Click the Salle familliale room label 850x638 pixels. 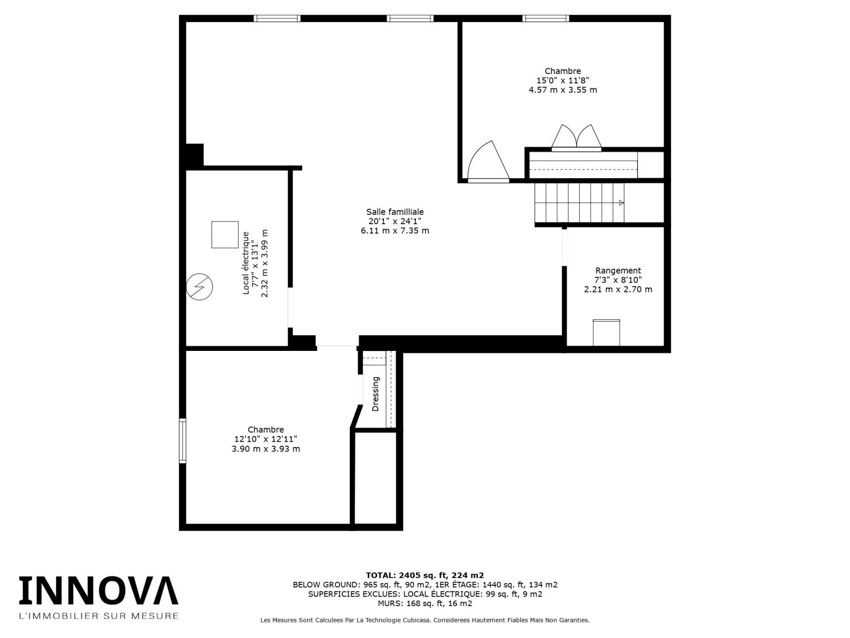pyautogui.click(x=394, y=212)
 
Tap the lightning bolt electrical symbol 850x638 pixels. pyautogui.click(x=200, y=287)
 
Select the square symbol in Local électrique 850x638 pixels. pyautogui.click(x=225, y=234)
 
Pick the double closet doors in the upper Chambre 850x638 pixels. pyautogui.click(x=576, y=137)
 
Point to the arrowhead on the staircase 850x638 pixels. pyautogui.click(x=621, y=203)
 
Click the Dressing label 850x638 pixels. pyautogui.click(x=376, y=394)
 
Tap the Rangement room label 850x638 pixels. pyautogui.click(x=618, y=270)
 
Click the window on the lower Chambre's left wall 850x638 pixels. pyautogui.click(x=182, y=441)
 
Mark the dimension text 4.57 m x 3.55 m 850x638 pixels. pyautogui.click(x=562, y=90)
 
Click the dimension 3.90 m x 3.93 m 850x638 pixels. pyautogui.click(x=266, y=449)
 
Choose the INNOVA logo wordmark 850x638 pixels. pyautogui.click(x=98, y=591)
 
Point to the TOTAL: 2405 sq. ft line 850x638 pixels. pyautogui.click(x=425, y=576)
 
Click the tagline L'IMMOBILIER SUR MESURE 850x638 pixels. pyautogui.click(x=98, y=616)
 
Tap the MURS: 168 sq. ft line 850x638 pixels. pyautogui.click(x=425, y=603)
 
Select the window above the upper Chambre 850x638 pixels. pyautogui.click(x=545, y=18)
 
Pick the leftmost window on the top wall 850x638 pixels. pyautogui.click(x=277, y=18)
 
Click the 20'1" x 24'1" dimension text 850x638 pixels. pyautogui.click(x=394, y=221)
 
